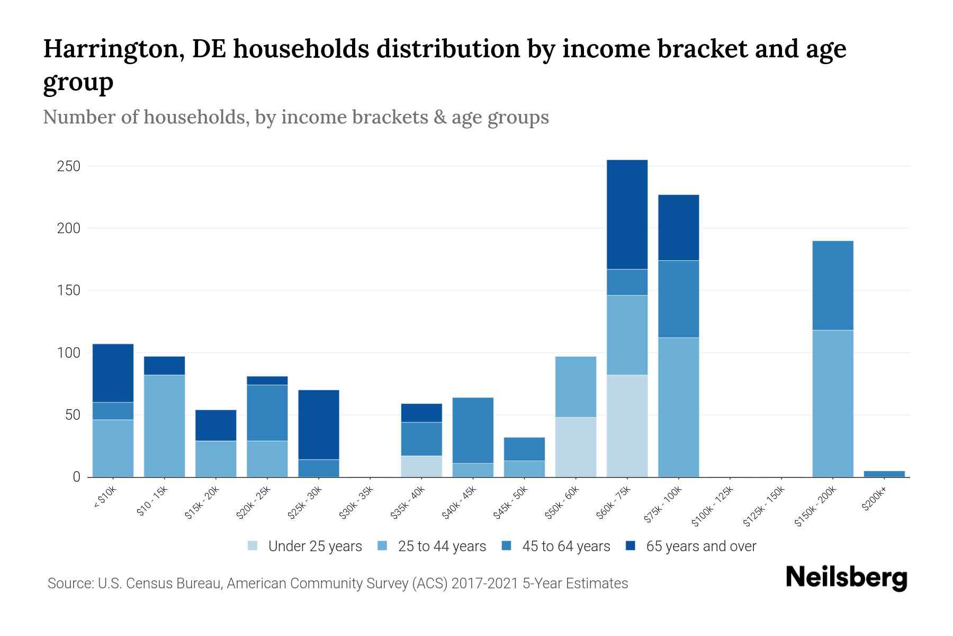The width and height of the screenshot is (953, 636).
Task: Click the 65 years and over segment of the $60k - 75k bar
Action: (x=627, y=215)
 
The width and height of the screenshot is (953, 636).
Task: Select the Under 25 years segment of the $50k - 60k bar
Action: (x=576, y=447)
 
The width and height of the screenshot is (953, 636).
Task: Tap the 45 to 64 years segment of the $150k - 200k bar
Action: (x=833, y=286)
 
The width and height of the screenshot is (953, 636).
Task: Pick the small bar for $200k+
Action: (x=884, y=474)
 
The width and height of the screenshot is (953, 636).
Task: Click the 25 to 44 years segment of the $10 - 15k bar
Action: (x=164, y=426)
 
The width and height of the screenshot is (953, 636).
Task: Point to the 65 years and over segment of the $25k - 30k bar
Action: (x=319, y=425)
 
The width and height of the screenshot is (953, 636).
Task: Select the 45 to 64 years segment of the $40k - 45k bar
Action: (x=473, y=430)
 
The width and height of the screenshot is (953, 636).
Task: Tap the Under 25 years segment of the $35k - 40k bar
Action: (x=421, y=466)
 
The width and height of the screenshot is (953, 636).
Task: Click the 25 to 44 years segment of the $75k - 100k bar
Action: (x=678, y=407)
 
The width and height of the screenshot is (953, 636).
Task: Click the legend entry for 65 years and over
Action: (x=691, y=546)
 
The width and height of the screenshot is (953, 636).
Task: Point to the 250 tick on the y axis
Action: (x=68, y=166)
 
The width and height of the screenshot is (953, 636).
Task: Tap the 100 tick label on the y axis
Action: (x=68, y=353)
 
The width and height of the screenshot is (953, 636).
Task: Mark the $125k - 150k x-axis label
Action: (x=764, y=506)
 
